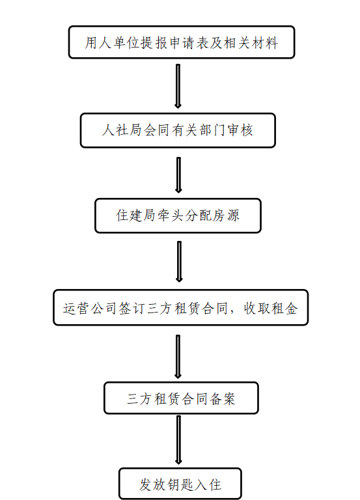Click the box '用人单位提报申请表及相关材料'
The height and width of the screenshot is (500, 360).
(x=182, y=42)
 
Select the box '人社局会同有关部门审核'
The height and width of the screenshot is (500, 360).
(x=178, y=130)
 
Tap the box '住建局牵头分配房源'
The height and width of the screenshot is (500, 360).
(x=178, y=215)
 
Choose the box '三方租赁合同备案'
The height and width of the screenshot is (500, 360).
(x=181, y=398)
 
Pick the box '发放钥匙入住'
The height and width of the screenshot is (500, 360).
(x=180, y=484)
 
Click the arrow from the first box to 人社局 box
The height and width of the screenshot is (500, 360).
(x=178, y=86)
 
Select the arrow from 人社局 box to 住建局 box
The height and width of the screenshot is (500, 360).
(x=178, y=174)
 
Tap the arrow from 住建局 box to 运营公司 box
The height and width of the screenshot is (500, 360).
(x=179, y=262)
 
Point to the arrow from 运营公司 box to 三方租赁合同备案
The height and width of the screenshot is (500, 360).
(x=178, y=357)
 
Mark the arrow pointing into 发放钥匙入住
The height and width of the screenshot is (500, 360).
(x=178, y=439)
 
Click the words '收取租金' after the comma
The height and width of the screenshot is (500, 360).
(x=271, y=309)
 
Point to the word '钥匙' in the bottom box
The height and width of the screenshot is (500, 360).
(x=180, y=484)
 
